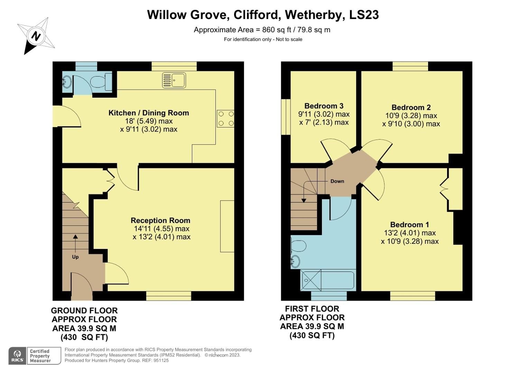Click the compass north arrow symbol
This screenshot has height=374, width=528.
pyautogui.click(x=36, y=36)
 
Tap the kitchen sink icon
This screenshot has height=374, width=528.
pyautogui.click(x=174, y=80)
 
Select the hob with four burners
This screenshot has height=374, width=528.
pyautogui.click(x=225, y=118)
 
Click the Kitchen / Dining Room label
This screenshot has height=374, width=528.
pyautogui.click(x=149, y=113)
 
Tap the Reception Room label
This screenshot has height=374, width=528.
pyautogui.click(x=160, y=221)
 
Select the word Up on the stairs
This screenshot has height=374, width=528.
pyautogui.click(x=75, y=257)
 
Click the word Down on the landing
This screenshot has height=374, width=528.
pyautogui.click(x=337, y=181)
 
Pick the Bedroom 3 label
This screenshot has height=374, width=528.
pyautogui.click(x=324, y=106)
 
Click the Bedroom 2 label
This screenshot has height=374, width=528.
pyautogui.click(x=411, y=107)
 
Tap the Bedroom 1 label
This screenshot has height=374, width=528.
pyautogui.click(x=409, y=225)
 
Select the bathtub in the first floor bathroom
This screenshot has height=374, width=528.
pyautogui.click(x=328, y=280)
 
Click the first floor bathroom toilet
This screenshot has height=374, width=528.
pyautogui.click(x=298, y=246)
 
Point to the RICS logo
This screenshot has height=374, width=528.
pyautogui.click(x=17, y=356)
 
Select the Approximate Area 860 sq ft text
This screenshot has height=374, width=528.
pyautogui.click(x=262, y=30)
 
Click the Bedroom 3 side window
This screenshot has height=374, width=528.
pyautogui.click(x=286, y=117)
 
